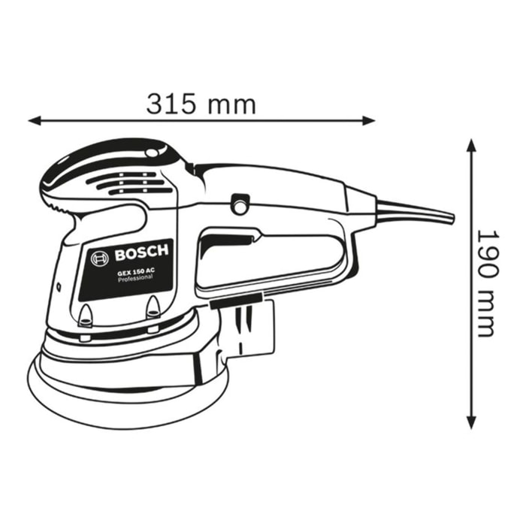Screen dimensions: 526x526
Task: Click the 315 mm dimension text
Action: (201, 103)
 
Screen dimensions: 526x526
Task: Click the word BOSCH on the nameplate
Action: (142, 252)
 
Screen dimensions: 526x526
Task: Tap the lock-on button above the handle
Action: (241, 203)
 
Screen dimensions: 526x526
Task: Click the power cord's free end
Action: (449, 217)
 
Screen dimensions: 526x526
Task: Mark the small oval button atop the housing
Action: (155, 153)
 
